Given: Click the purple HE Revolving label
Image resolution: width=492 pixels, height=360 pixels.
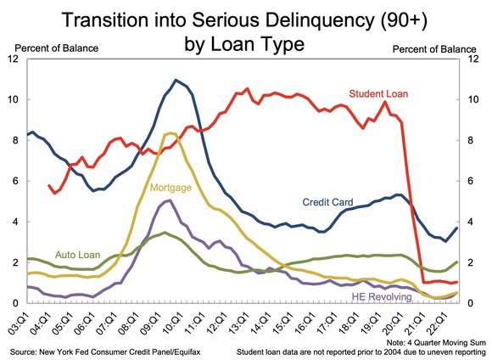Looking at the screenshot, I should (386, 295).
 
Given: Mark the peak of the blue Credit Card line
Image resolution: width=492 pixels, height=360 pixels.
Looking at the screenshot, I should (176, 80).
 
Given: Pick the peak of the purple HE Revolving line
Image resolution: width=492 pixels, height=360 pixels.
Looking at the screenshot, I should (170, 200).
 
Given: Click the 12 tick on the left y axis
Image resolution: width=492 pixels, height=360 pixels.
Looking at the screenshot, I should (13, 59).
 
